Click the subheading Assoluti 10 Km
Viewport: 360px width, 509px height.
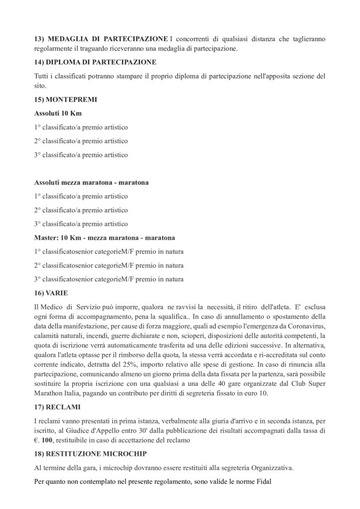coord(58,113)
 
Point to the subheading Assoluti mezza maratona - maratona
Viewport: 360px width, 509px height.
coord(91,182)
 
